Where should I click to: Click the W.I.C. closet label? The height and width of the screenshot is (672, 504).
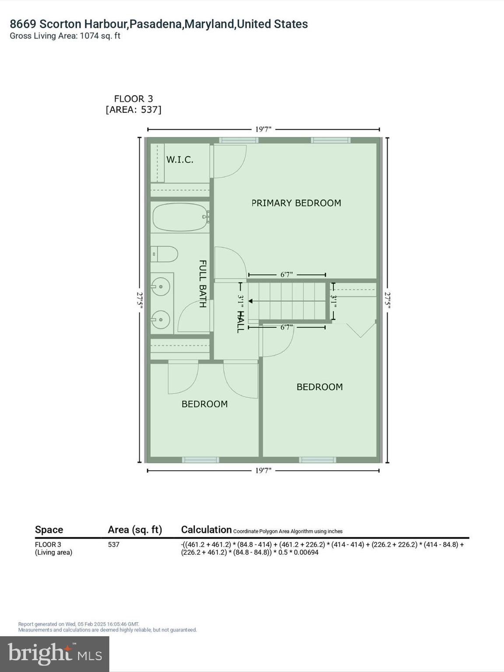[x=179, y=160]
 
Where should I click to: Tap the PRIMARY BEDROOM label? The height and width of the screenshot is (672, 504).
[x=296, y=203]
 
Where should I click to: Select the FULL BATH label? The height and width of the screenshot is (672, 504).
[x=203, y=284]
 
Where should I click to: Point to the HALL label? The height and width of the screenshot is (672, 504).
[x=240, y=322]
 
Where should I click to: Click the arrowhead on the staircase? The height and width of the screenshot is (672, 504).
[x=251, y=301]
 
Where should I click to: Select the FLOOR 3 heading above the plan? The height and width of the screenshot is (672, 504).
[x=133, y=99]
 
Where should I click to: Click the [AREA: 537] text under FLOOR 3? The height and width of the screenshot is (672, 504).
[x=133, y=109]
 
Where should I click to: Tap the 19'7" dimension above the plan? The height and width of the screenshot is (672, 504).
[x=263, y=129]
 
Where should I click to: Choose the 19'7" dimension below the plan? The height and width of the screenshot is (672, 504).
[x=263, y=471]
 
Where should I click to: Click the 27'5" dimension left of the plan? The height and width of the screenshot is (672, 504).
[x=140, y=301]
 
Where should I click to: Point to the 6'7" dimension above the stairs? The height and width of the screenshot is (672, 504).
[x=287, y=275]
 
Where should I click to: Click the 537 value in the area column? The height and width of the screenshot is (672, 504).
[x=114, y=545]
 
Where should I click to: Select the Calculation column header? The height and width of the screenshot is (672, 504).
[x=206, y=530]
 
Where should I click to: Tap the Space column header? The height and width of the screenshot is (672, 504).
[x=49, y=530]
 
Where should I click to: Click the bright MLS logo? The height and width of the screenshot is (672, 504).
[x=55, y=654]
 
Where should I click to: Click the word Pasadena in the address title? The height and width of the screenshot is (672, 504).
[x=156, y=24]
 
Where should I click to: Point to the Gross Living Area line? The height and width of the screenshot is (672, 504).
[x=65, y=36]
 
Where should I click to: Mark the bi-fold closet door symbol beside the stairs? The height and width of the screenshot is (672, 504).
[x=361, y=330]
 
